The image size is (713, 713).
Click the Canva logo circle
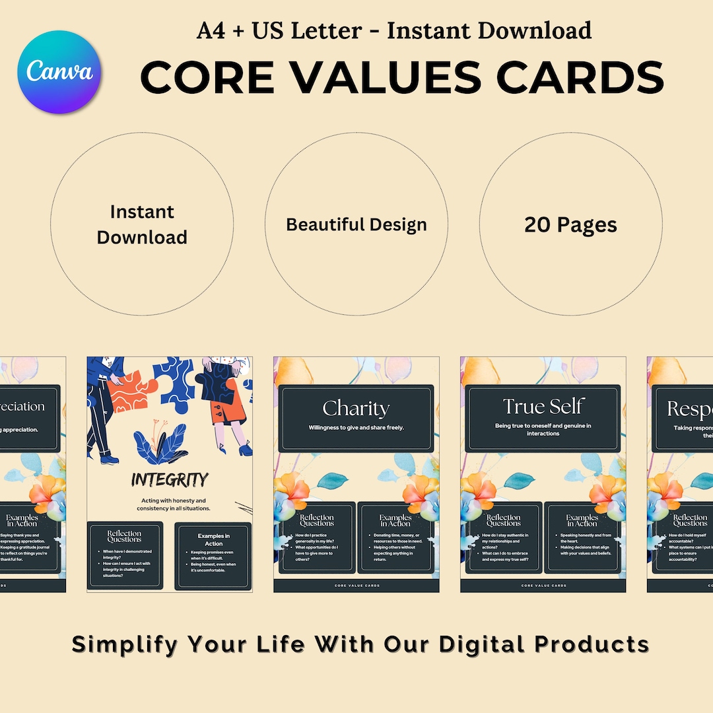59,72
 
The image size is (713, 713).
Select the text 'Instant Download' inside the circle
142,224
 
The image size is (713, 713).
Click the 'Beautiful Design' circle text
356,224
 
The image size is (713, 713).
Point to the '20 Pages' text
570,224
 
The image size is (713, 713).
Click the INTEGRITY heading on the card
170,479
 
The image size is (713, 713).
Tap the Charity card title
356,408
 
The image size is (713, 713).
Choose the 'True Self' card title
543,406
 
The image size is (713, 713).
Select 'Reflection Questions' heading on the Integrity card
125,536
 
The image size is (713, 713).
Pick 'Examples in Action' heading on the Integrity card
213,539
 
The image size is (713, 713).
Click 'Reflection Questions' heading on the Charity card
317,520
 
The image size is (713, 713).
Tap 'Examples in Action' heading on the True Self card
582,520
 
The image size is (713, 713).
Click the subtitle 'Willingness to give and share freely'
356,428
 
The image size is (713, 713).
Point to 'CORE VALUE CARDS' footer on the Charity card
356,586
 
